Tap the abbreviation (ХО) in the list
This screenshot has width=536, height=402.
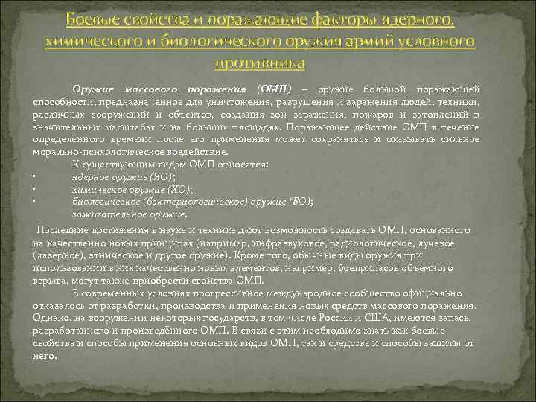coord(179,189)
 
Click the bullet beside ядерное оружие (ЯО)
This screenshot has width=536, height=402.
coord(35,177)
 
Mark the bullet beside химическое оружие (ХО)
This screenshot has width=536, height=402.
coord(35,189)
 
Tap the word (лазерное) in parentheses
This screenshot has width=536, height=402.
coord(57,255)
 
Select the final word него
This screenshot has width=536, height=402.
coord(44,355)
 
